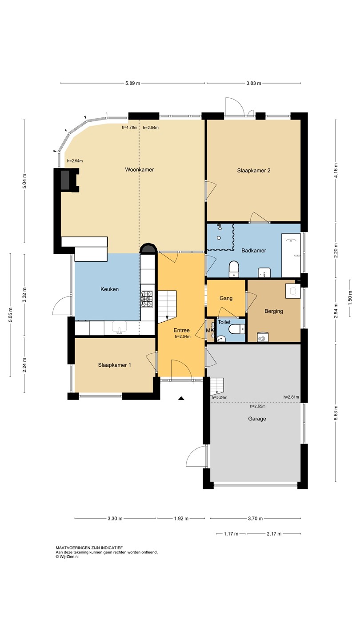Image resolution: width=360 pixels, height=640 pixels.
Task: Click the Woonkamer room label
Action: (x=140, y=170)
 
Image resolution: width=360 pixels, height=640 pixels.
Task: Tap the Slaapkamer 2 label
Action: (x=254, y=171)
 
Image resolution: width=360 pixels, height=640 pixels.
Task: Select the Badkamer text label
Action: (x=254, y=251)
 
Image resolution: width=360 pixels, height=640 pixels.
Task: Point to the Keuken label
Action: (x=109, y=289)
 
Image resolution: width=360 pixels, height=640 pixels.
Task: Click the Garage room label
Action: (x=257, y=419)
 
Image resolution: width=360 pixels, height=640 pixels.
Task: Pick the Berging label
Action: (x=274, y=311)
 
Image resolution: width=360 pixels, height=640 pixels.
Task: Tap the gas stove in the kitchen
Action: (x=147, y=299)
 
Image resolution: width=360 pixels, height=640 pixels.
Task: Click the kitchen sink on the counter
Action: (x=120, y=328)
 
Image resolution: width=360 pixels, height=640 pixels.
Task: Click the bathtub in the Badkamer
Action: (x=291, y=256)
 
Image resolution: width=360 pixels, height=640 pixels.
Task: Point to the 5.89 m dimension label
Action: (x=133, y=84)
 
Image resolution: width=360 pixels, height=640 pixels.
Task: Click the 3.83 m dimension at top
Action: (x=254, y=84)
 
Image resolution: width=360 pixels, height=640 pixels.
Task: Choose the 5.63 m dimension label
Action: (x=336, y=413)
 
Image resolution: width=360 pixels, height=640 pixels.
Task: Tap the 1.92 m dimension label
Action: (x=181, y=518)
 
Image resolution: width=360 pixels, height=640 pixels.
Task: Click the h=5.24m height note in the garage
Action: (x=220, y=397)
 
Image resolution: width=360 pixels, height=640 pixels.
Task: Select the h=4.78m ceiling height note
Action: (x=130, y=128)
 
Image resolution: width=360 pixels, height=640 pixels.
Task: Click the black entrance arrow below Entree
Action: (x=181, y=398)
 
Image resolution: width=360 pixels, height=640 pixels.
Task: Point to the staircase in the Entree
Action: (x=168, y=307)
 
